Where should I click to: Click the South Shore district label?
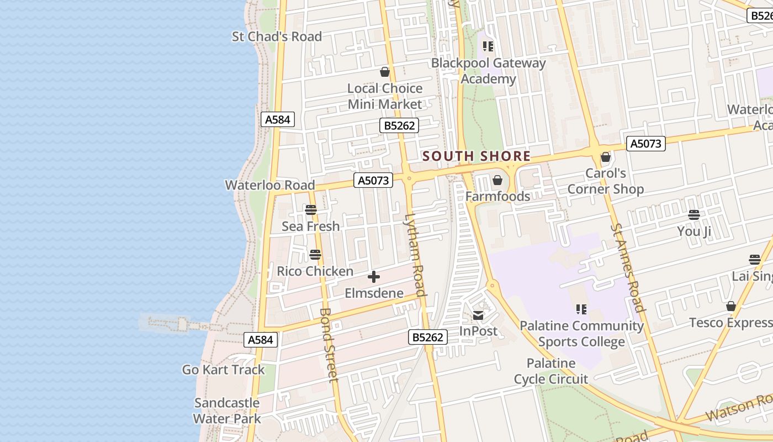click(476, 156)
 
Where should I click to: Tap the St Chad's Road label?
click(277, 36)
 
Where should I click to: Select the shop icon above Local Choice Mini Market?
click(385, 72)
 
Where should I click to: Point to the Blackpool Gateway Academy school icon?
click(488, 46)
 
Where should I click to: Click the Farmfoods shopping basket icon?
click(497, 181)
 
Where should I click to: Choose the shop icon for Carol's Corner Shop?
click(606, 157)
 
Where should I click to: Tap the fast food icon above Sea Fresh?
click(311, 210)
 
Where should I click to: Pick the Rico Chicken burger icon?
click(315, 255)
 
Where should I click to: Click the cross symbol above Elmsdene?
click(374, 277)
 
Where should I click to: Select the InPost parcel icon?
click(478, 315)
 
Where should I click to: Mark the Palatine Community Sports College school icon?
click(581, 309)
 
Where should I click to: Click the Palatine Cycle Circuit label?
click(551, 371)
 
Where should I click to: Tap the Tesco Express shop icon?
click(731, 307)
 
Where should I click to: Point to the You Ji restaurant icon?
click(694, 215)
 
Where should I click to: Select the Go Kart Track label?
click(224, 370)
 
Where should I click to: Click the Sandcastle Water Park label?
click(227, 411)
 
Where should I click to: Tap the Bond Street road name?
click(328, 345)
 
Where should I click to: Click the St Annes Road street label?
click(627, 267)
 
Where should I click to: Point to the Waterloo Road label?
click(270, 185)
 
